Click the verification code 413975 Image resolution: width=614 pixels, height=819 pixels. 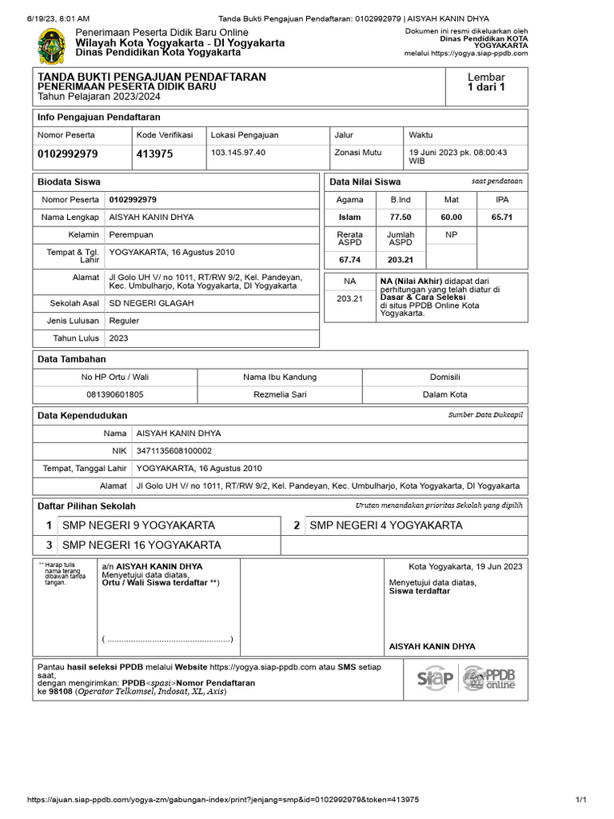155,154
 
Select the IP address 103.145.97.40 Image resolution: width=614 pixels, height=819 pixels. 238,152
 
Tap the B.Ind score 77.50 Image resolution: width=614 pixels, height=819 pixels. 401,217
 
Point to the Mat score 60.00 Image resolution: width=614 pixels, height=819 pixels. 452,217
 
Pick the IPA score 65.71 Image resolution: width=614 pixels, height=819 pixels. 502,217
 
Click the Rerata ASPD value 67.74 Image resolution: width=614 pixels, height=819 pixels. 350,260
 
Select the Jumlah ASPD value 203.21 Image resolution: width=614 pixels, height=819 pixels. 401,260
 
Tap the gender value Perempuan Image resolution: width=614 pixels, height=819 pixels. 131,234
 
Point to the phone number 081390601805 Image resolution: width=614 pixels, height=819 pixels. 115,394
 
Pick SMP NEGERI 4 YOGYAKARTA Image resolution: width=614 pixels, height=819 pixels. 386,525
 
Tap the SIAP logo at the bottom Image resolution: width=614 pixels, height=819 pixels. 435,679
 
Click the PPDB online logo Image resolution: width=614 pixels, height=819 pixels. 490,678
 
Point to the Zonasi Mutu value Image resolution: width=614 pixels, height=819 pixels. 358,152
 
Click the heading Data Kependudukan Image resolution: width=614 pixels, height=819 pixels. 82,415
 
